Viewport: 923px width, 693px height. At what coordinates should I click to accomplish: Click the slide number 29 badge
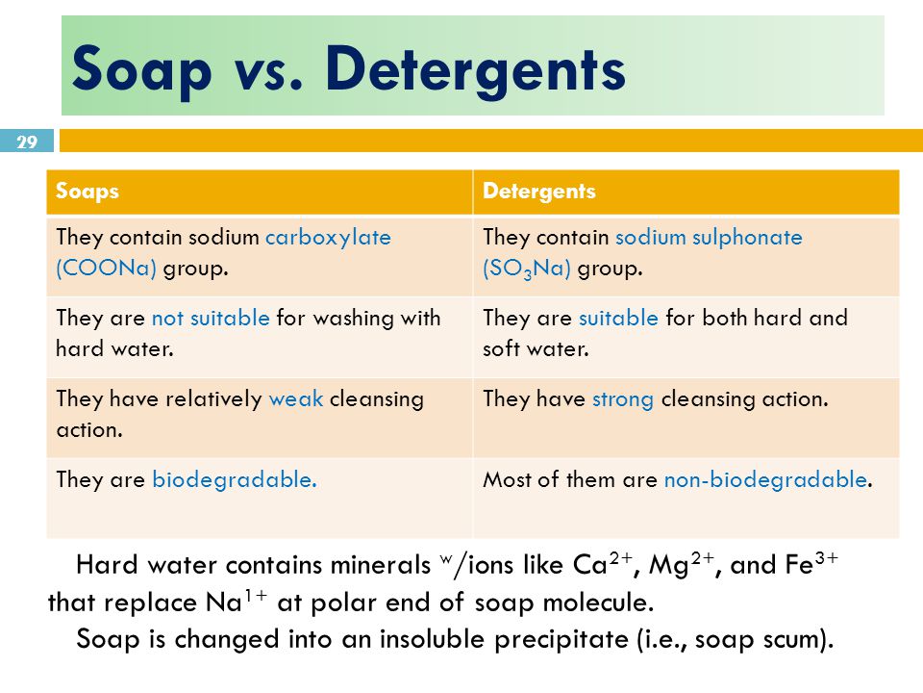pos(27,142)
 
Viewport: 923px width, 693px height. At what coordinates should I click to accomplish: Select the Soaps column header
pos(87,192)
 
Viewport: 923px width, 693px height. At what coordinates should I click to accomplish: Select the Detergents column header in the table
pos(539,192)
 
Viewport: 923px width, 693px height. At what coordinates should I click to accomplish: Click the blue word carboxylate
pos(329,238)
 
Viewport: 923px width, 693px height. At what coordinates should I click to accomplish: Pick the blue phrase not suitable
pos(211,318)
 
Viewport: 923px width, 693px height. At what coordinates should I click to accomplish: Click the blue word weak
pos(296,398)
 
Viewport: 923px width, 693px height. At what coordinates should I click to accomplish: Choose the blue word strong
pos(623,398)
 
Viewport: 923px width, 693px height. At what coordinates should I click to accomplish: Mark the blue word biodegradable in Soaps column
pos(234,479)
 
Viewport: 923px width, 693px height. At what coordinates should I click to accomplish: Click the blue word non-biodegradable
pos(765,479)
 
